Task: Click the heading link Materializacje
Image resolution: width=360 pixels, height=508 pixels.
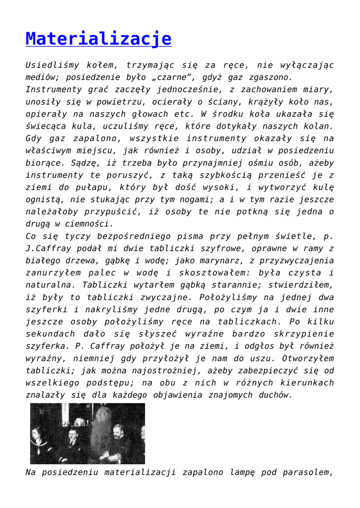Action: [x=98, y=39]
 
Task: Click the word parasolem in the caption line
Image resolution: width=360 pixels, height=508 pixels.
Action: [x=309, y=472]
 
